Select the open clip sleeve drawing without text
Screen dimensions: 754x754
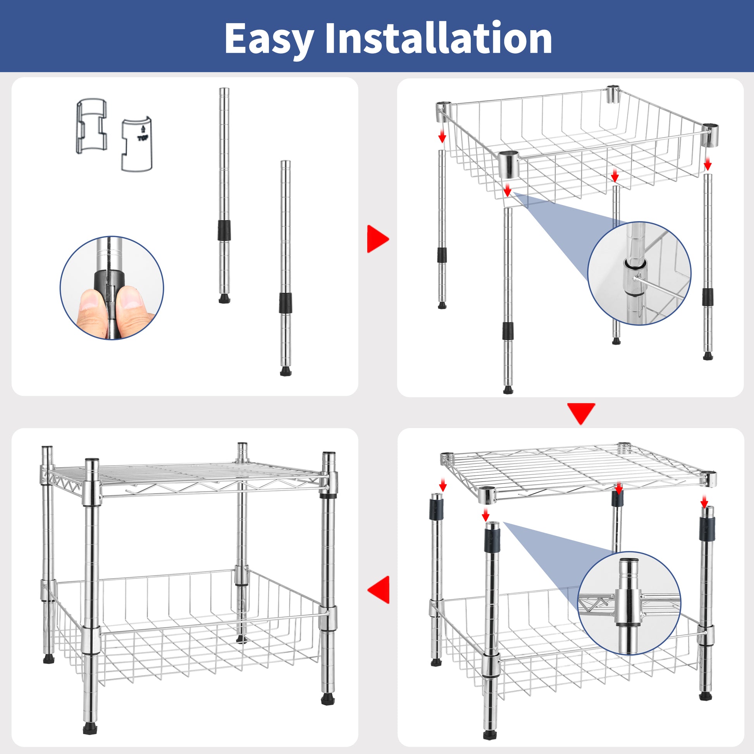click(x=91, y=127)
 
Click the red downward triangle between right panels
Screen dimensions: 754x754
click(x=581, y=413)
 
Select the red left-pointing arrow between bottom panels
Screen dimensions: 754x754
click(x=379, y=589)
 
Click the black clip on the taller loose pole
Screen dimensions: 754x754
click(x=224, y=230)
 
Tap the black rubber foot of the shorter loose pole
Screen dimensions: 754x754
click(x=286, y=371)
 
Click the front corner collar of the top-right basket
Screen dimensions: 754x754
click(x=509, y=164)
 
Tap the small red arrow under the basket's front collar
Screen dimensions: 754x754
click(x=507, y=191)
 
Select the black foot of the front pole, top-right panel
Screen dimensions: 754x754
click(x=508, y=390)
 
